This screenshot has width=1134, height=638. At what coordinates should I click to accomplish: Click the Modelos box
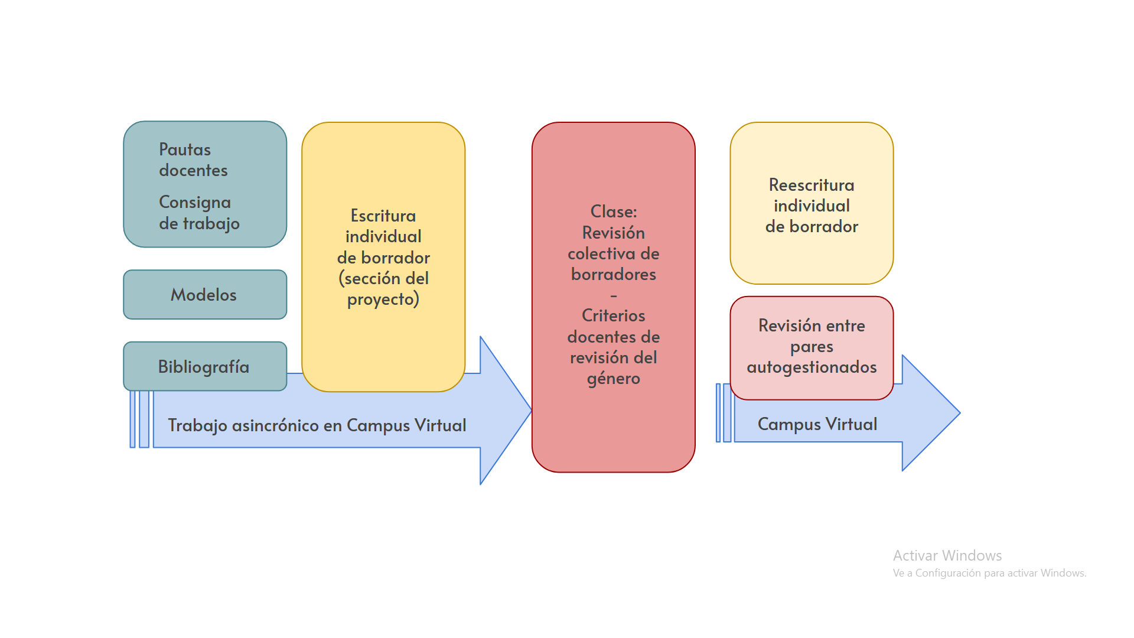[x=204, y=295]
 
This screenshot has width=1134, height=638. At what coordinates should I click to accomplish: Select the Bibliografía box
[x=204, y=367]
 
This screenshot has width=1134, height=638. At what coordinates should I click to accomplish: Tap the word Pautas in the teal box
[x=185, y=149]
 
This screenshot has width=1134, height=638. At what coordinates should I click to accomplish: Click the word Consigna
[x=195, y=203]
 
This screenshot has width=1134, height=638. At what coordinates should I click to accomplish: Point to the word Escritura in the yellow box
[x=383, y=216]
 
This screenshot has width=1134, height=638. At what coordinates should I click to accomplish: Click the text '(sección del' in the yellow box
[x=383, y=278]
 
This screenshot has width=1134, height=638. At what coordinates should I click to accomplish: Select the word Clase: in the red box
[x=614, y=211]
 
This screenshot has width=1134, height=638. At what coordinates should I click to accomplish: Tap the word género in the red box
[x=614, y=379]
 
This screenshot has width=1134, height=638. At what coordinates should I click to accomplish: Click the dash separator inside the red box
[x=614, y=295]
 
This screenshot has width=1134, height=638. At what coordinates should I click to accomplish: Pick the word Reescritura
[x=812, y=185]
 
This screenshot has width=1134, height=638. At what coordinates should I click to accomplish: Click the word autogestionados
[x=812, y=367]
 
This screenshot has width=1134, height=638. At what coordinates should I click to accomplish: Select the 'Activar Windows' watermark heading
[x=947, y=555]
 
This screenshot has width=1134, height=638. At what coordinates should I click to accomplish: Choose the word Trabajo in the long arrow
[x=197, y=425]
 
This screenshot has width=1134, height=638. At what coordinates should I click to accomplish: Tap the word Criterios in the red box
[x=614, y=315]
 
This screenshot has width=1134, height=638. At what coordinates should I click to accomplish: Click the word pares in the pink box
[x=812, y=347]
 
